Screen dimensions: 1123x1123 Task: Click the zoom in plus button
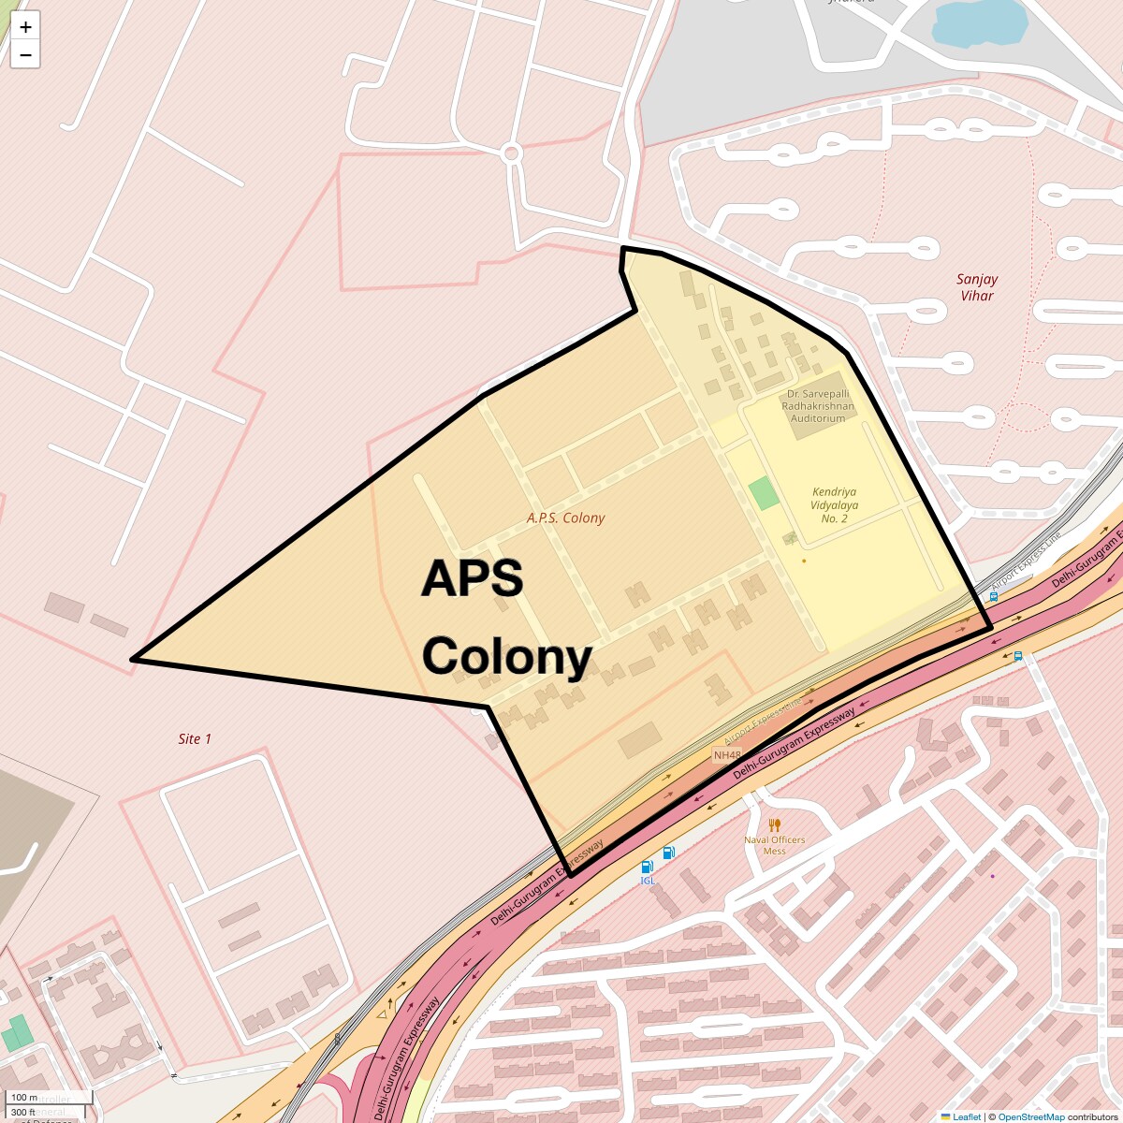[25, 27]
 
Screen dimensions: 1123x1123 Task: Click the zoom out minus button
[25, 55]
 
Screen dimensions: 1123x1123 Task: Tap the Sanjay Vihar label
[976, 287]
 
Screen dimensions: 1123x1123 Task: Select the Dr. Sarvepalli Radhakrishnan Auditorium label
[818, 406]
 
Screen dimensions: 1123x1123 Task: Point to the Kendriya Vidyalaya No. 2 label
[834, 504]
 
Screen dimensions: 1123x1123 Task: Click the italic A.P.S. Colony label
[565, 518]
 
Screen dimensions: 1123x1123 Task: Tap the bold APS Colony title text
[506, 618]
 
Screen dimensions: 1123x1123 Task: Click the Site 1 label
[195, 739]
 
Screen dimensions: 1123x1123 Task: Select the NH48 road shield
[727, 755]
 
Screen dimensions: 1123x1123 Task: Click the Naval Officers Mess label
[774, 845]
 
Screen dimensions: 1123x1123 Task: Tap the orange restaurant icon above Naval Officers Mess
[774, 825]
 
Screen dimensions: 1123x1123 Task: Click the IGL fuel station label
[648, 881]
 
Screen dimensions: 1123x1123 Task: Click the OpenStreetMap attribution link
[1030, 1116]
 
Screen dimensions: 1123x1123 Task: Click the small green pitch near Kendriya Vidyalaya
[765, 493]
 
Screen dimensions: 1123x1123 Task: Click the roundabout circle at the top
[511, 153]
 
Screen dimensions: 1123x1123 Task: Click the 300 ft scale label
[24, 1113]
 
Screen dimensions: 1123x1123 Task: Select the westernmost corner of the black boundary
[133, 660]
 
